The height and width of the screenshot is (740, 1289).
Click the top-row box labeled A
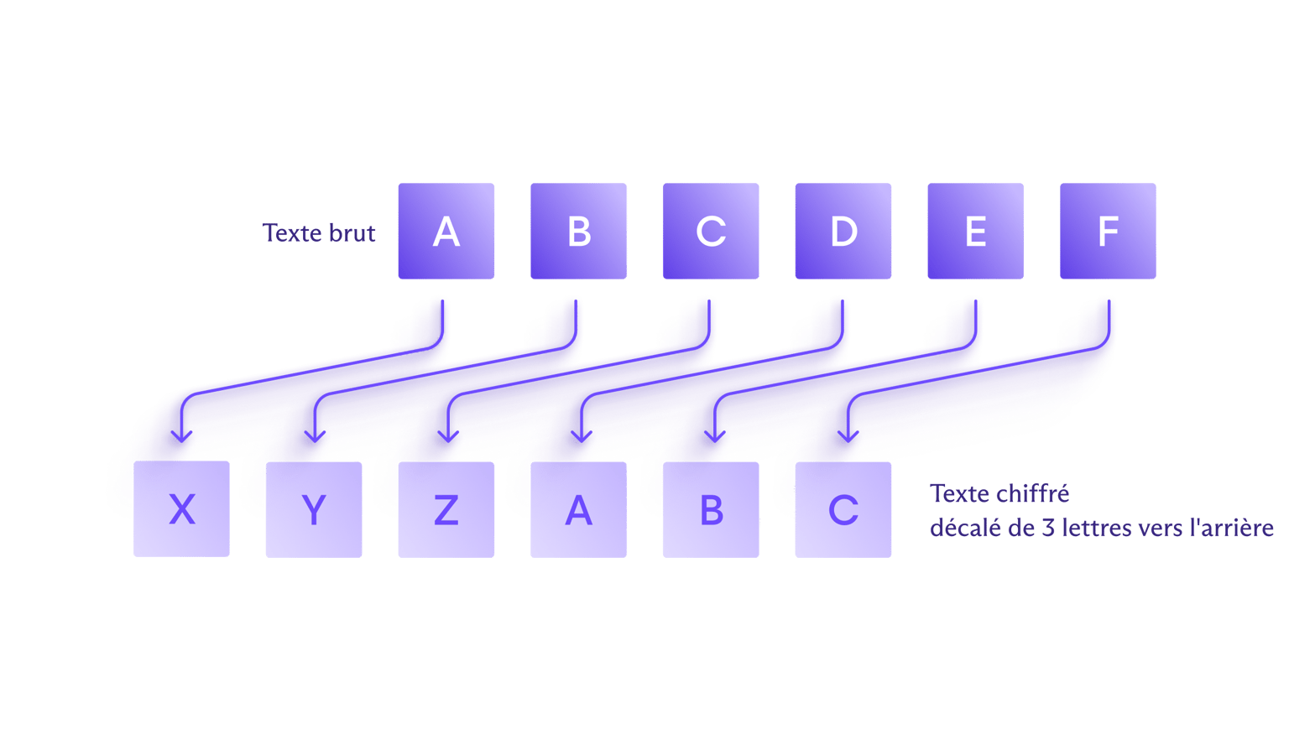(x=446, y=232)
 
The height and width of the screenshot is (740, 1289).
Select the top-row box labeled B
(x=578, y=232)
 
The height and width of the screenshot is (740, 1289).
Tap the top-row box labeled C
(x=711, y=232)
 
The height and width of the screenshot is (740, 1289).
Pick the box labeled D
(x=843, y=232)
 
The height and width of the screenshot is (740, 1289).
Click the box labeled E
(x=975, y=232)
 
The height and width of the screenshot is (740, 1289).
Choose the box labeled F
(x=1108, y=232)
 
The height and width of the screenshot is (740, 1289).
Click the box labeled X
(x=182, y=509)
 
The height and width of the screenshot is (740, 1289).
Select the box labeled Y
(x=314, y=509)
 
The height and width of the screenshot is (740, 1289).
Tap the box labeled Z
(x=446, y=509)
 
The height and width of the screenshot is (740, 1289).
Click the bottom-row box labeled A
(x=578, y=509)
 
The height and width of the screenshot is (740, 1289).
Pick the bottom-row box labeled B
(x=711, y=509)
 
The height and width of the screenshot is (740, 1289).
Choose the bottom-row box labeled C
(x=843, y=509)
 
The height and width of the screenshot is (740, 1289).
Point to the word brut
(x=352, y=232)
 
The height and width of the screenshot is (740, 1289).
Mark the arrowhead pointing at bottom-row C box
(x=848, y=435)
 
